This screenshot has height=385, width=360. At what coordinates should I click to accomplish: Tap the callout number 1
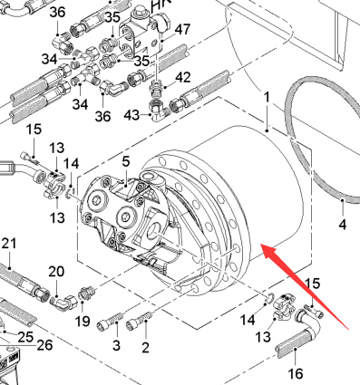point(267,98)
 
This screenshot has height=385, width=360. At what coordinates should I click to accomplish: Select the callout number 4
point(343,225)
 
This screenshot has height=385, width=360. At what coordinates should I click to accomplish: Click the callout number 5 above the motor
point(126,161)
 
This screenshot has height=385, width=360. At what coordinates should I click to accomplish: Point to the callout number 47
point(182,30)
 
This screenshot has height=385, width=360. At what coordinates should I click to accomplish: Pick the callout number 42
point(183,78)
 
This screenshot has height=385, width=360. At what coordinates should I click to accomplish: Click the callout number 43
point(131,115)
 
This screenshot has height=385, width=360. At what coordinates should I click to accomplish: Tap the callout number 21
point(9,244)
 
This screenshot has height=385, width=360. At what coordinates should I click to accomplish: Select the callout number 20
point(56,272)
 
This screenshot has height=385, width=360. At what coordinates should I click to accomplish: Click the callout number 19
point(83,322)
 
